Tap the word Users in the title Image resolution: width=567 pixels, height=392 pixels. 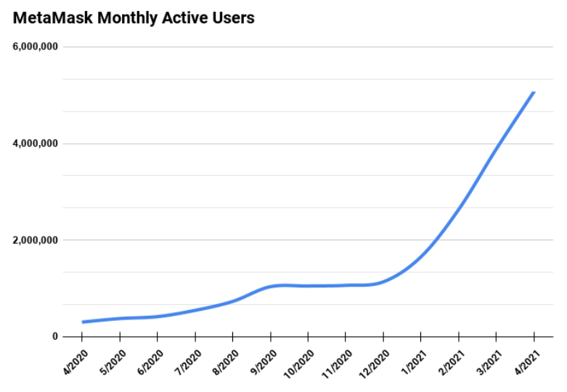tap(232, 17)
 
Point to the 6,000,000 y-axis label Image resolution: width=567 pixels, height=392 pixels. tap(34, 47)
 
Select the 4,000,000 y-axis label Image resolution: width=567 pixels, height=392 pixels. tap(34, 144)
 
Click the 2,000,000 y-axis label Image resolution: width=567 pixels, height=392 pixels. tap(34, 240)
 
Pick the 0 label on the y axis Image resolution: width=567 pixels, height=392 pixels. tap(54, 337)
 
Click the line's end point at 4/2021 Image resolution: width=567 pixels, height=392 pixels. tap(534, 92)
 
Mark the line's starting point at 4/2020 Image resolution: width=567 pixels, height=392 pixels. tap(83, 322)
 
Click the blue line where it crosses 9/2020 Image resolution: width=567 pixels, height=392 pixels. tap(271, 287)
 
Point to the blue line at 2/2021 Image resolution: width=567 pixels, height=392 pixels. tap(459, 208)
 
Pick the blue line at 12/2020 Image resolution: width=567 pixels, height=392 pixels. tap(383, 281)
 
